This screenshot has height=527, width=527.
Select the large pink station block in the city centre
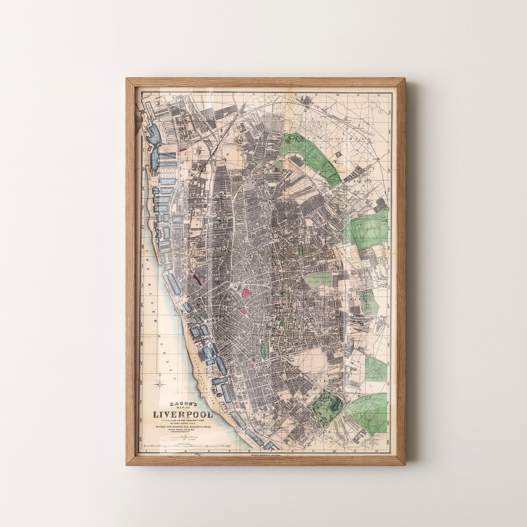(x=247, y=293)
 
